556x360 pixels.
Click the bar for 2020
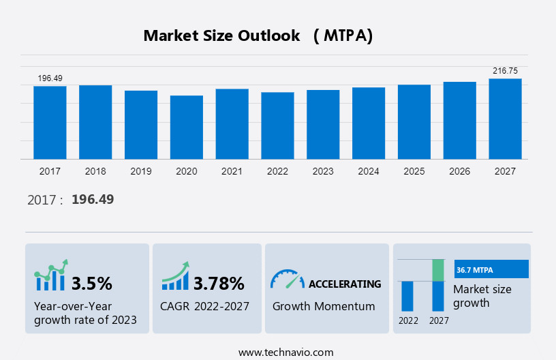coord(187,127)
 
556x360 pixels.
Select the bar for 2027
coord(505,119)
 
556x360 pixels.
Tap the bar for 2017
coord(50,123)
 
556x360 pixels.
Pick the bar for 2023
coord(323,125)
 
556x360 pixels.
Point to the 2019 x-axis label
coord(141,171)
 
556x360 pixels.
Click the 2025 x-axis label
coord(414,171)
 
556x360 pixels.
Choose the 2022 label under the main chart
coord(277,171)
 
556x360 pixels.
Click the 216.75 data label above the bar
coord(505,71)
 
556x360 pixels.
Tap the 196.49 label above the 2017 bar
coord(50,78)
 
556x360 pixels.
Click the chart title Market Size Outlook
coord(221,36)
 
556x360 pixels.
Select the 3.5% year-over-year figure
coord(91,283)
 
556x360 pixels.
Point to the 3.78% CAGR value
coord(219,283)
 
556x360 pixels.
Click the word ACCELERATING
coord(345,284)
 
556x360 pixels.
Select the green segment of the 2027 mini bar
coord(438,270)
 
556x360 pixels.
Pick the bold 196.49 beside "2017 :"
coord(93,200)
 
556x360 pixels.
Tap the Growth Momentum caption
coord(324,306)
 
